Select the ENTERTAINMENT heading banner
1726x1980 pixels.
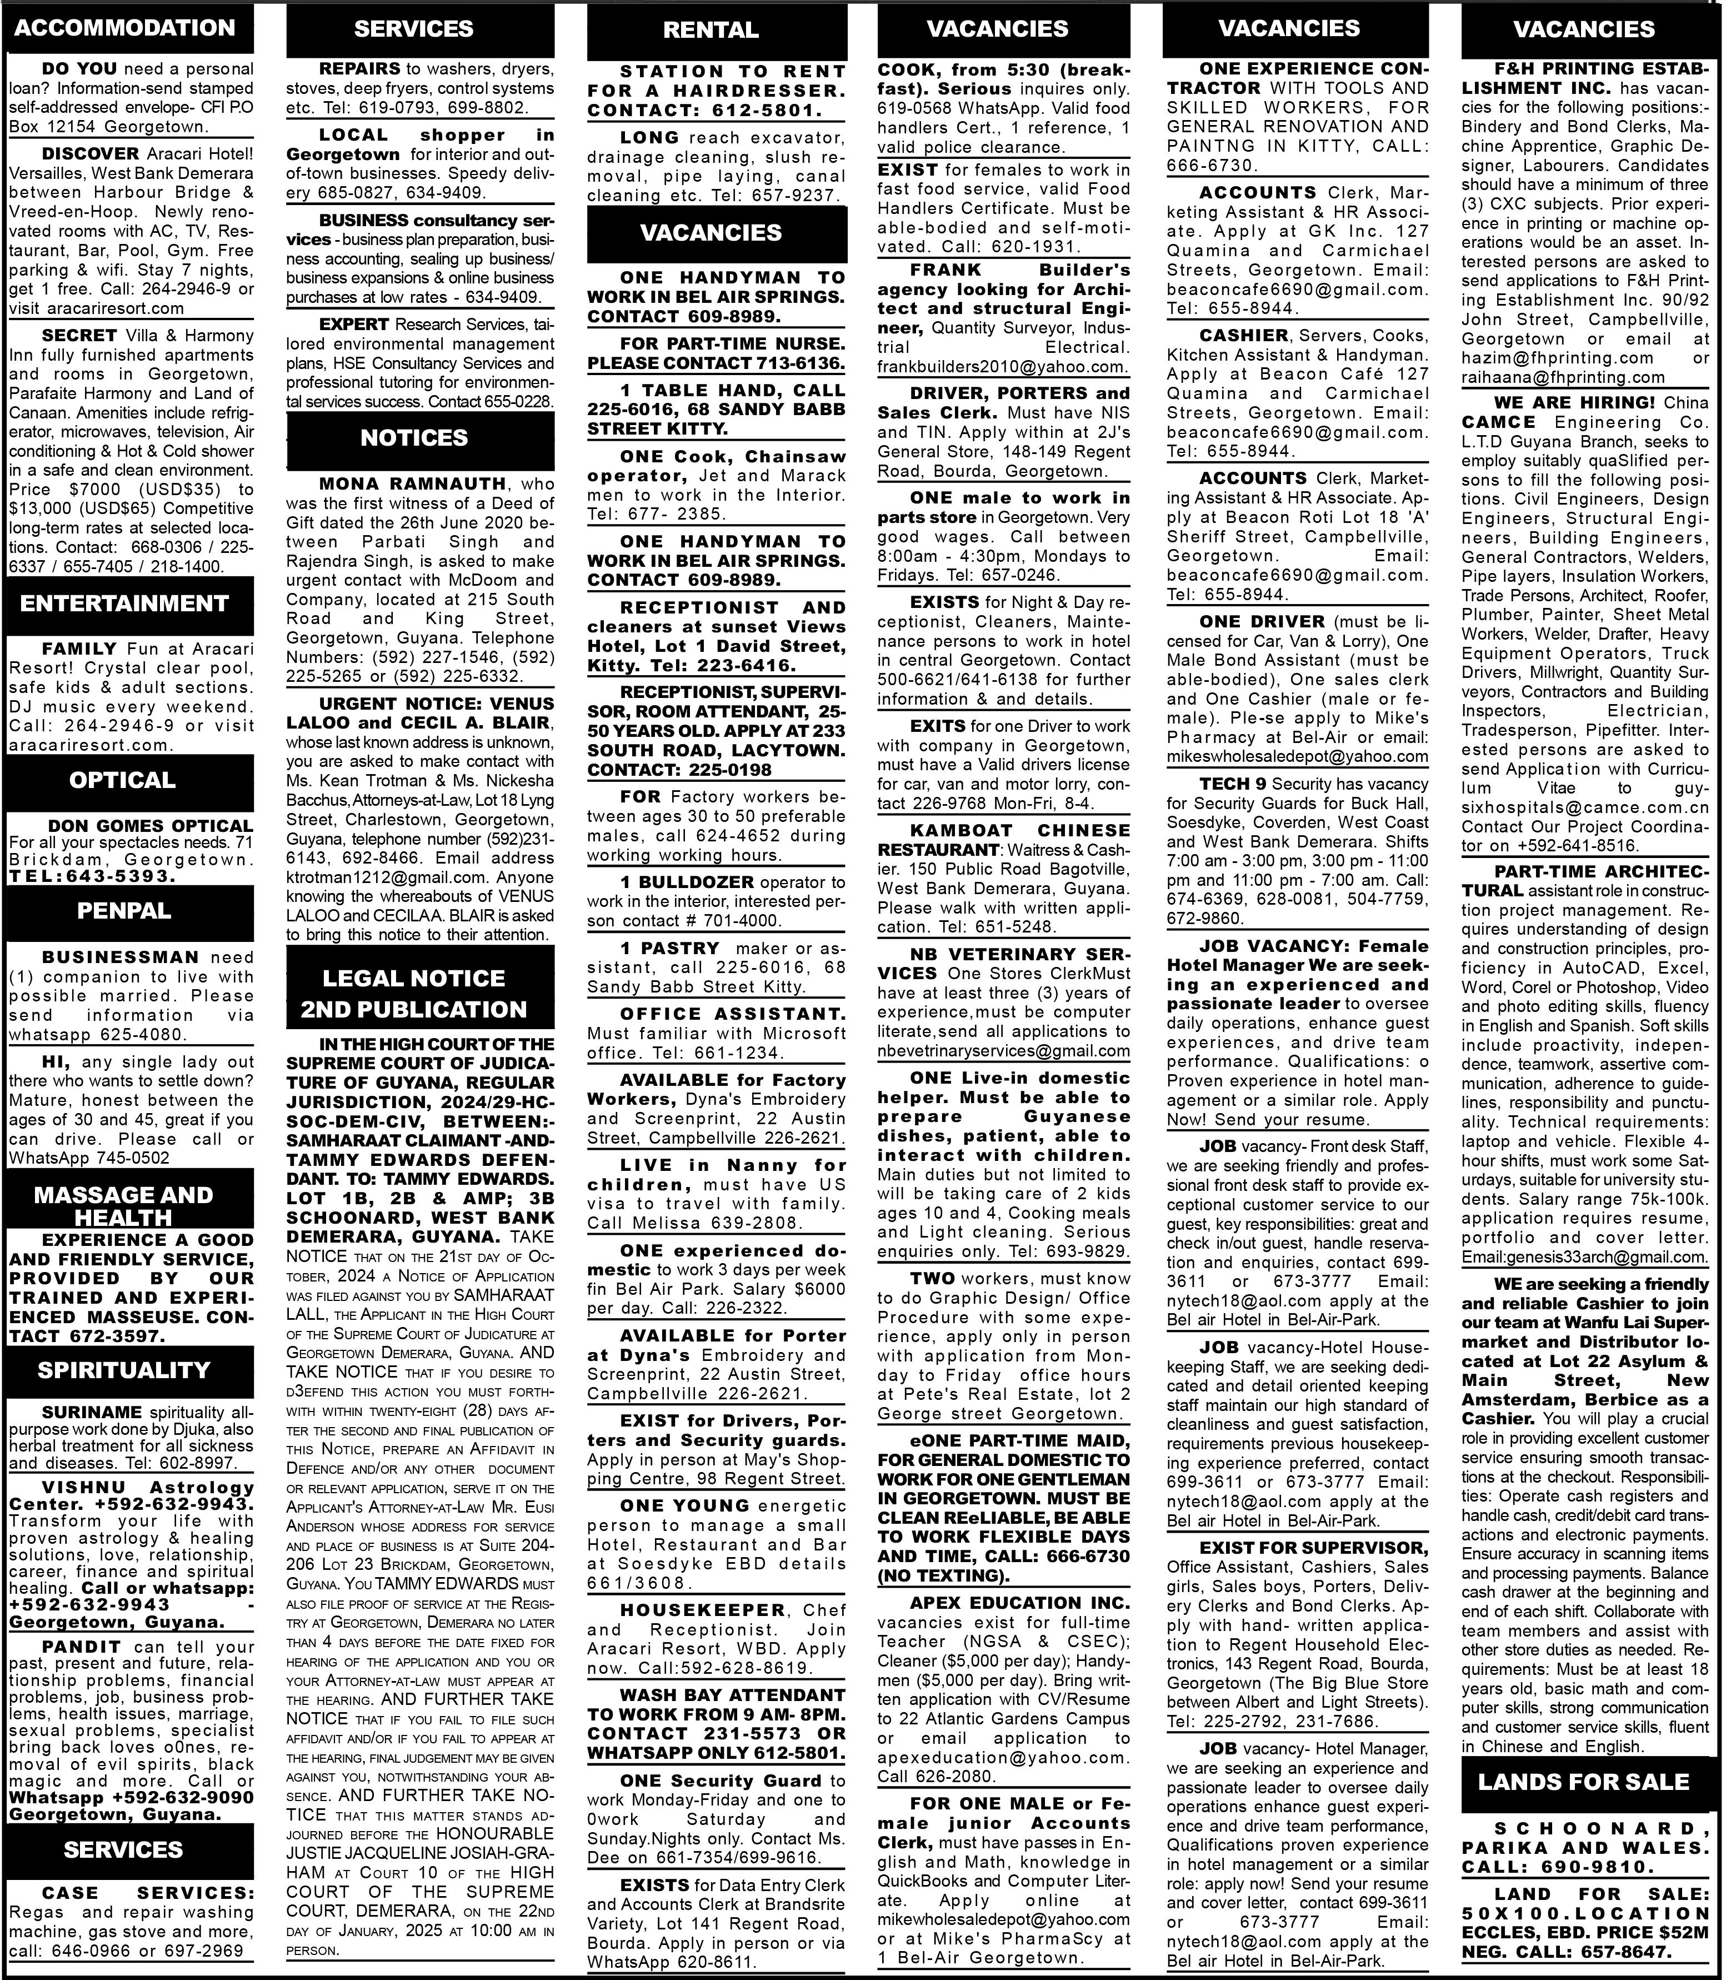pyautogui.click(x=125, y=604)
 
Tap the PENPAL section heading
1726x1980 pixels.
pyautogui.click(x=125, y=910)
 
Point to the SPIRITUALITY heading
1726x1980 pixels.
pyautogui.click(x=125, y=1370)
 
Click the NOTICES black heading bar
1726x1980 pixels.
pyautogui.click(x=414, y=438)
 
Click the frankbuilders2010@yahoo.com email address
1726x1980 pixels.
pyautogui.click(x=1002, y=367)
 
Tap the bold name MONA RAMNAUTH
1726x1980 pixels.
pyautogui.click(x=412, y=483)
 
